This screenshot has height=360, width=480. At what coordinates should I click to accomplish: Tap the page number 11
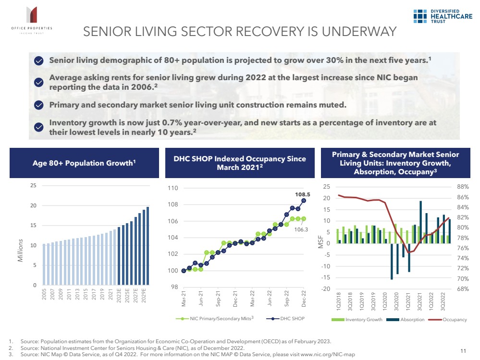tap(464, 350)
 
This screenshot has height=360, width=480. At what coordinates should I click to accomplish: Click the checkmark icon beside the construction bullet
tap(39, 105)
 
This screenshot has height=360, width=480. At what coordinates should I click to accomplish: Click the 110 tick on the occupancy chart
tap(172, 188)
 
